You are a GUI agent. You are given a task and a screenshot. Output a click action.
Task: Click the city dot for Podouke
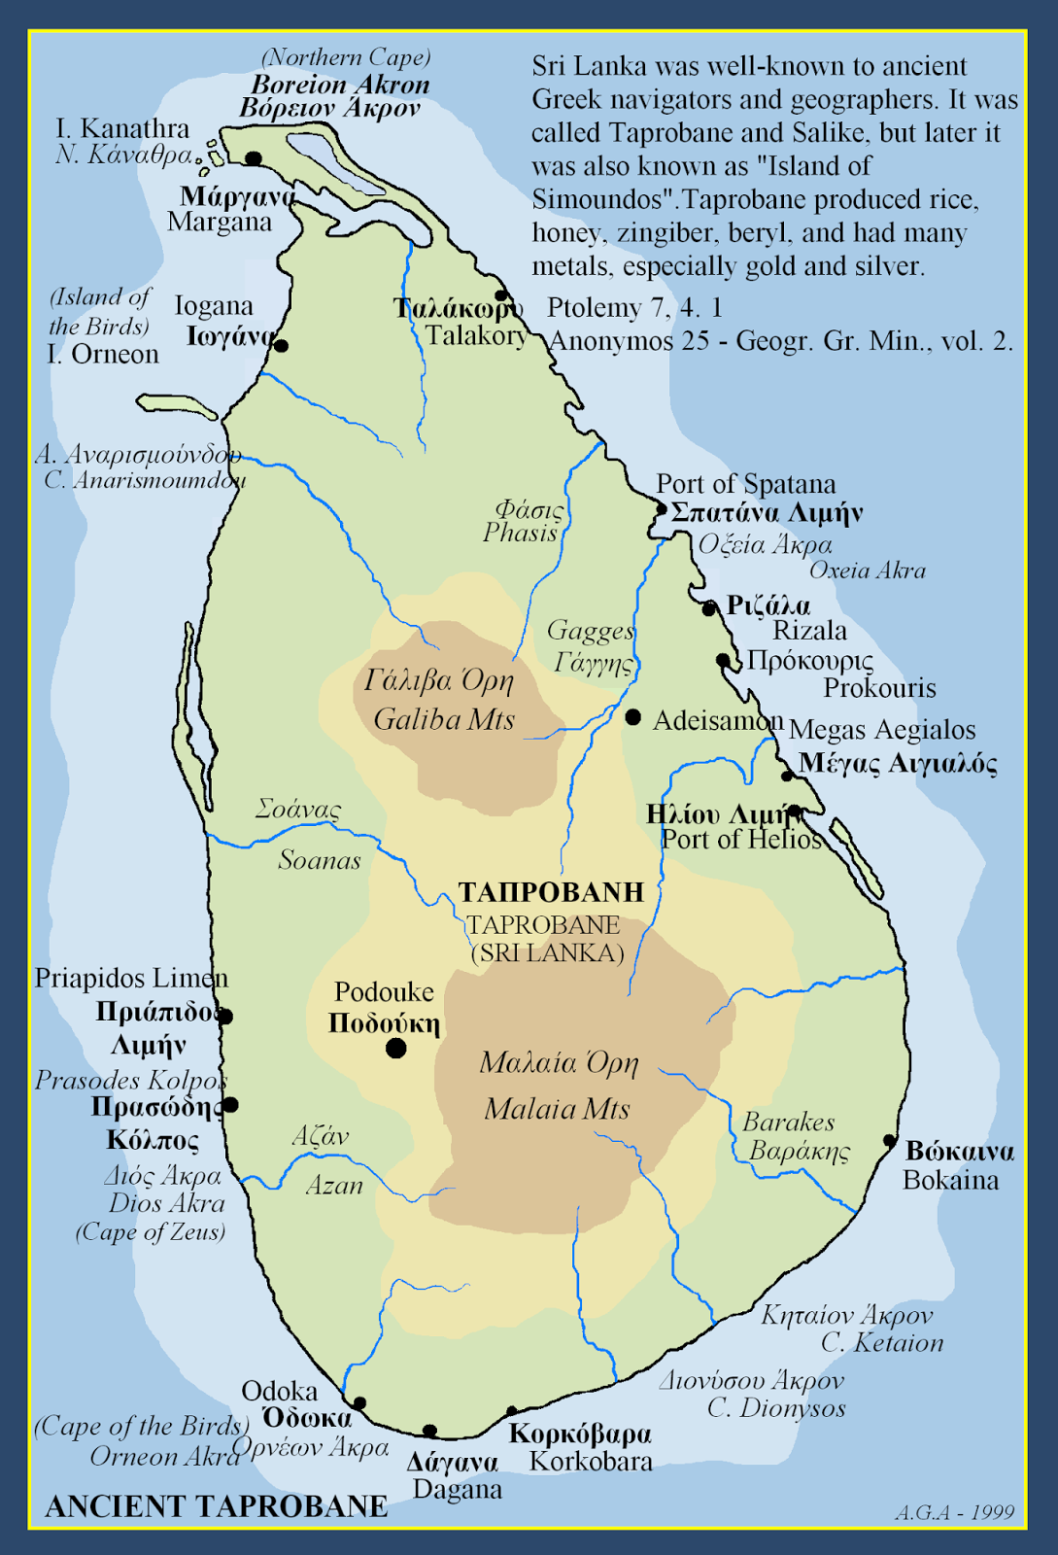coord(395,1049)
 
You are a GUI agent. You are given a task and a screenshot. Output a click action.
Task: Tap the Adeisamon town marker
coord(633,717)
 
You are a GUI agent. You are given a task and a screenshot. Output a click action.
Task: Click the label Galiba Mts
coord(444,720)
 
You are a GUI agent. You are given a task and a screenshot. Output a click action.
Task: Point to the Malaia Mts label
coord(557,1109)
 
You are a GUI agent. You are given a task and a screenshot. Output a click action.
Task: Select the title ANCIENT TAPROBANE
coord(217,1506)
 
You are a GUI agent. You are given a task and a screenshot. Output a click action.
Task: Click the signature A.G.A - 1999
coord(954,1513)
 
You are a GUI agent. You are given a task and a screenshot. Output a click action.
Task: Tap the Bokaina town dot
coord(889,1140)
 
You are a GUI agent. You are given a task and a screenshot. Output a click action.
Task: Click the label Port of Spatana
coord(745,484)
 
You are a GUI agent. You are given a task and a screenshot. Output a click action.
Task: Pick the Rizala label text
coord(809,631)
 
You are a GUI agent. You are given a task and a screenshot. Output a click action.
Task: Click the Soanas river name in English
coord(320,860)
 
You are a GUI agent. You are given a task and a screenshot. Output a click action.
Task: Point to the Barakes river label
coord(788,1123)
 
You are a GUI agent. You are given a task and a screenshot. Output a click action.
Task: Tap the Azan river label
coord(334,1186)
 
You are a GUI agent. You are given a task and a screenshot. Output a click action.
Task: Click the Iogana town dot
coord(282,345)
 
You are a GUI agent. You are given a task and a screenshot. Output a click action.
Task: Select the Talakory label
coord(476,336)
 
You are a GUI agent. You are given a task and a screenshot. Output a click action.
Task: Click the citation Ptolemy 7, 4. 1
coord(634,308)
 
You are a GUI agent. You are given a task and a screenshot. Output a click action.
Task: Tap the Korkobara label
coord(591,1461)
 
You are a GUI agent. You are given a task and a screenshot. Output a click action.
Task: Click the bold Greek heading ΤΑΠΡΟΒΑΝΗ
coord(551,892)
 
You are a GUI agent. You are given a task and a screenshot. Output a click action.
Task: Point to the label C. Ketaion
coord(882,1343)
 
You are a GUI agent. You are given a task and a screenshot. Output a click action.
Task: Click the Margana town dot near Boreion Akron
coord(254,158)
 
